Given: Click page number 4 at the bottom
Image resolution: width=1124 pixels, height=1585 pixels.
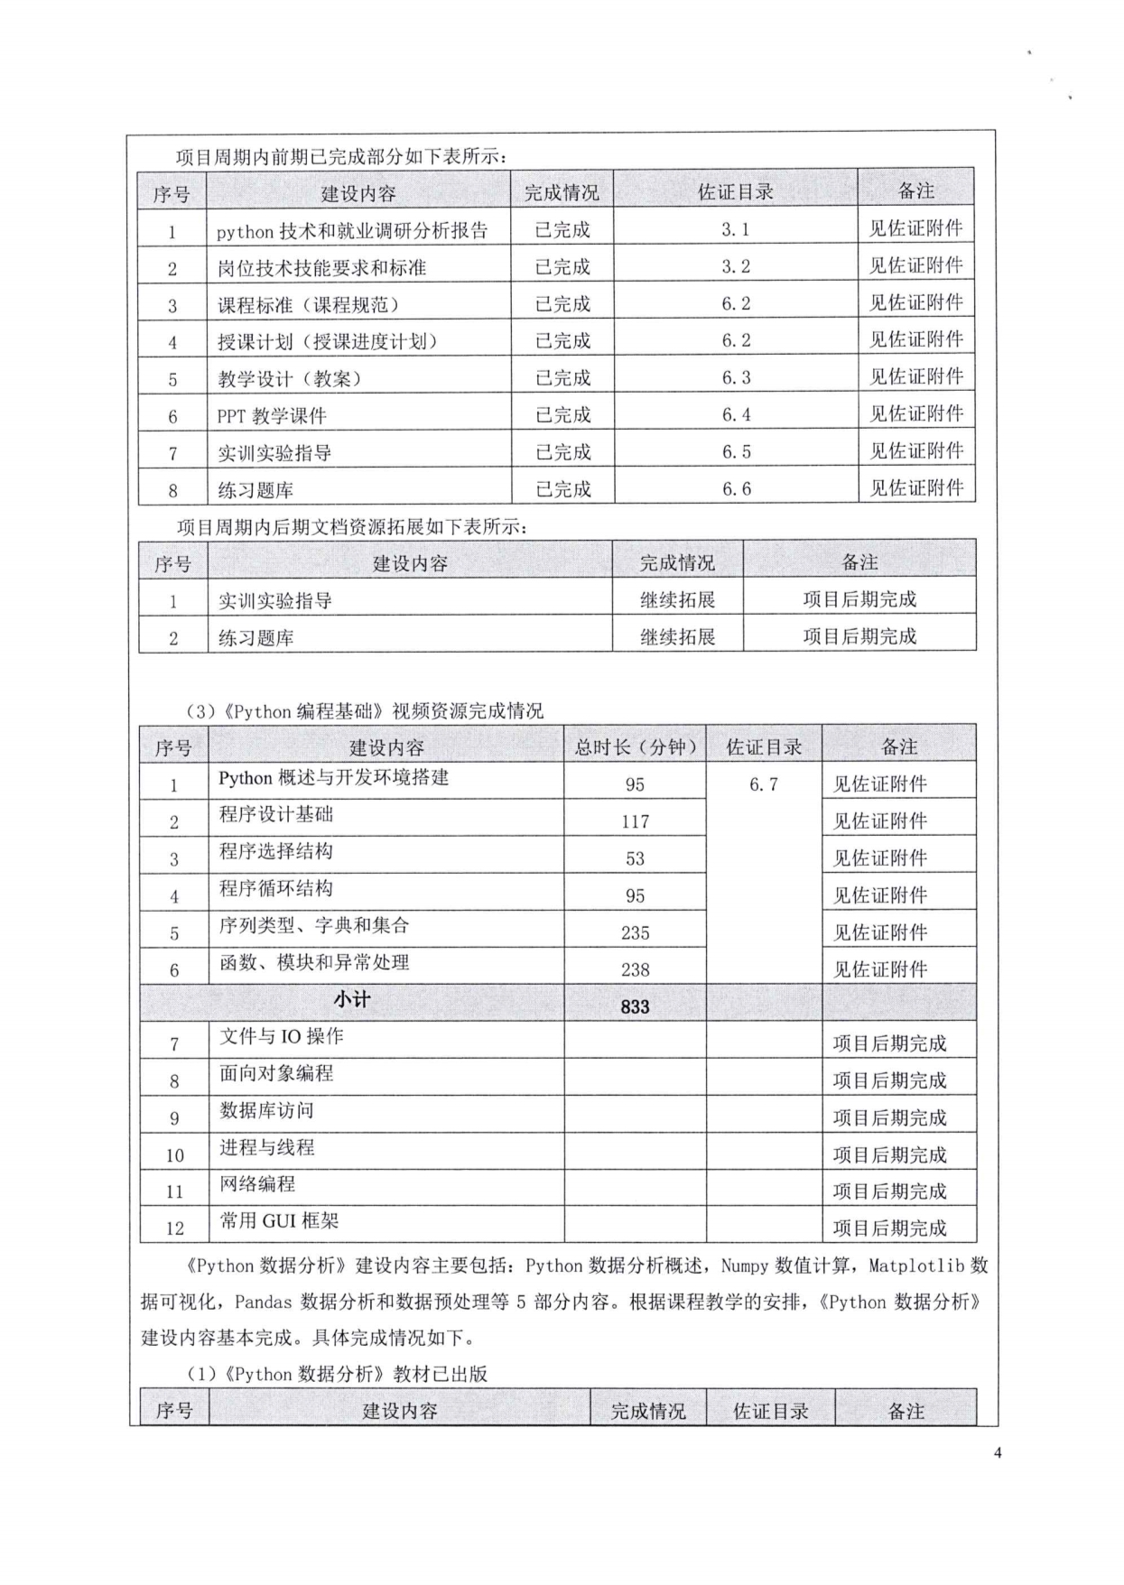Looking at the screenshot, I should [998, 1452].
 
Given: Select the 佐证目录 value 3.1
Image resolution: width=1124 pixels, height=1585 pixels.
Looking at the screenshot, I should [735, 229].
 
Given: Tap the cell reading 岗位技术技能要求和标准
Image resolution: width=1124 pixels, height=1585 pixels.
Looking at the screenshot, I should [321, 268].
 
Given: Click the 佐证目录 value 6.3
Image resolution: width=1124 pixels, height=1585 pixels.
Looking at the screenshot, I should [735, 377].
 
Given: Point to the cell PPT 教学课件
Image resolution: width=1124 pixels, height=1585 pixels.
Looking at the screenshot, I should [272, 416].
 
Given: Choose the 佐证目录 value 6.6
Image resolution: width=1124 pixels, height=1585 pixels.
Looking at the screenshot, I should [735, 488].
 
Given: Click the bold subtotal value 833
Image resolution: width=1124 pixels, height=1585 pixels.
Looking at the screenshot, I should [635, 1006].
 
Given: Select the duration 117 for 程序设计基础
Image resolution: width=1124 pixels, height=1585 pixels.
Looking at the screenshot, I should [635, 821].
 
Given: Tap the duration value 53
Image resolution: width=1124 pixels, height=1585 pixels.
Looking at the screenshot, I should [635, 858].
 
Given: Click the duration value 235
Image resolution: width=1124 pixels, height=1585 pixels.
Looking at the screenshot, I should [635, 932].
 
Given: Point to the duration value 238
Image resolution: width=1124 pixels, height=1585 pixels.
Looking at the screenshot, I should [635, 969].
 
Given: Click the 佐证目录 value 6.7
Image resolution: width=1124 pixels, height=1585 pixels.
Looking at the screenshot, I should [763, 784].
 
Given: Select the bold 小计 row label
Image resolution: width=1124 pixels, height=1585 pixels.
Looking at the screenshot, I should [352, 999].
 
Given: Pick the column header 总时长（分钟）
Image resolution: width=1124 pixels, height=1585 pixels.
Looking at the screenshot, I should [635, 746].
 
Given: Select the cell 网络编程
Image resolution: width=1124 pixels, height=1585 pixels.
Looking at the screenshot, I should [257, 1183].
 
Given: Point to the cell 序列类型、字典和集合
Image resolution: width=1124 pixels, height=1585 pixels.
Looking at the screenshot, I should [314, 925].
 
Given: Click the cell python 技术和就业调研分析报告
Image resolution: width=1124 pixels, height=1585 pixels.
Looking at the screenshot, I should [351, 231].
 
